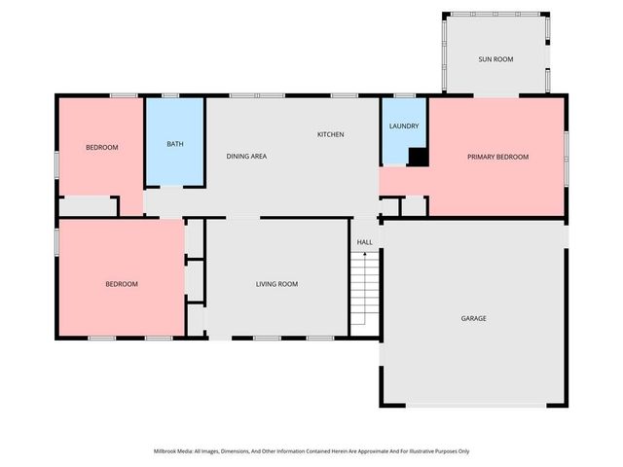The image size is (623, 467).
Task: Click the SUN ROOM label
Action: point(495,59)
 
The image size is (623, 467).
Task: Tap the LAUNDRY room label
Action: point(403,126)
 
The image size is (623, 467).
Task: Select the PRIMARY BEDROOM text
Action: point(497,157)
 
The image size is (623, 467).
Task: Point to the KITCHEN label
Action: point(330,134)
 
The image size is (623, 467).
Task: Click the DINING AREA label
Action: point(246,157)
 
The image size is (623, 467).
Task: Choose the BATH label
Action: point(174,144)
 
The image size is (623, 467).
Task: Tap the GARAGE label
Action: point(473,318)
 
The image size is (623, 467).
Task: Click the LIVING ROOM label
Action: point(276,284)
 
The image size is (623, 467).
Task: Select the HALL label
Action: point(364,242)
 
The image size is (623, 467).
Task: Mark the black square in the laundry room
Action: point(418,157)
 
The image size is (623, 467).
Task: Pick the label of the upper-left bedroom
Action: point(101,148)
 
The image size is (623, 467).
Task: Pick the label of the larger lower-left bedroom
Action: point(122,284)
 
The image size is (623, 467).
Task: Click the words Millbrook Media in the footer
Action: point(175,451)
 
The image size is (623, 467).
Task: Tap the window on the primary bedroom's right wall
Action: point(566,146)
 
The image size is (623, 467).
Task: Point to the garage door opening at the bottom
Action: point(473,405)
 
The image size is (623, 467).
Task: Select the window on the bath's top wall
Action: point(170,95)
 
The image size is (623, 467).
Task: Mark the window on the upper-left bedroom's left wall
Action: point(56,162)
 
